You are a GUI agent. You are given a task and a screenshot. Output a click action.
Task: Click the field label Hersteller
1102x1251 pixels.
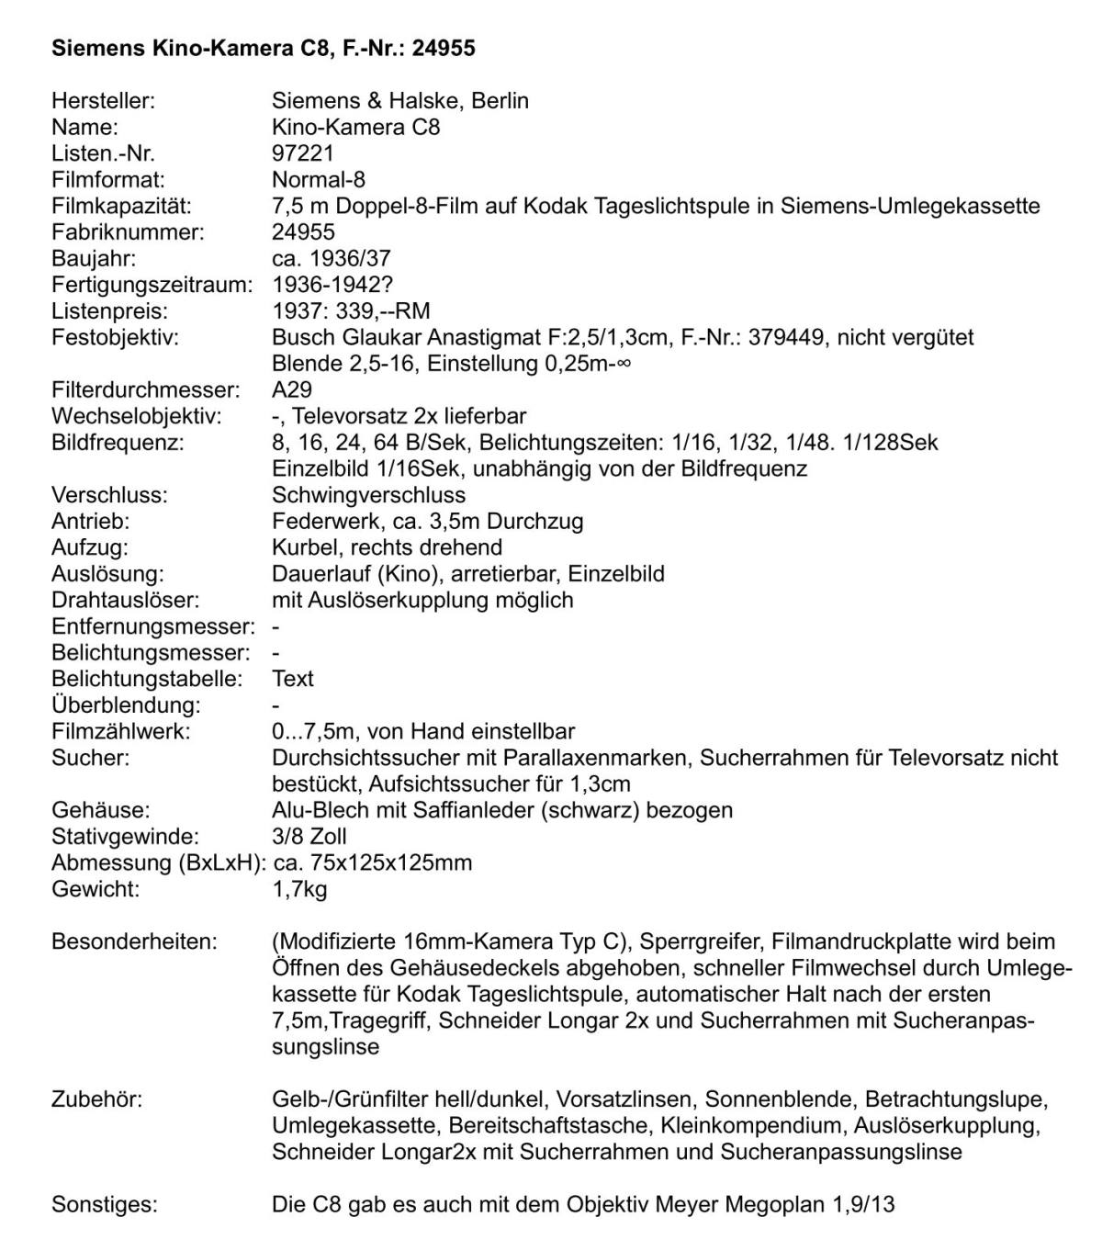point(103,100)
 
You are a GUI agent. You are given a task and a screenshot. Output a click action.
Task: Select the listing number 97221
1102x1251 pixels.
point(303,152)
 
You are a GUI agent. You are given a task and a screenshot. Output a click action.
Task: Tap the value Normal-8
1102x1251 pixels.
point(319,179)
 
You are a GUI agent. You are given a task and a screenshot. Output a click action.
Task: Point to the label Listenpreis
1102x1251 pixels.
point(109,310)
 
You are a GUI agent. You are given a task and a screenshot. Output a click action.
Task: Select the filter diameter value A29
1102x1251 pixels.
point(292,389)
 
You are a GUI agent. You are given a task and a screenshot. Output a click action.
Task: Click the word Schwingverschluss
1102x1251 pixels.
point(368,495)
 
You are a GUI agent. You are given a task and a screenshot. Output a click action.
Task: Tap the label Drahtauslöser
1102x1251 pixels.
point(125,600)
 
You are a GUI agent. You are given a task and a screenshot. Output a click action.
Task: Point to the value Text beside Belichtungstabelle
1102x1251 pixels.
point(293,679)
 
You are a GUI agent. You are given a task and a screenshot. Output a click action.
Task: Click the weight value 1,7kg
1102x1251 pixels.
point(299,889)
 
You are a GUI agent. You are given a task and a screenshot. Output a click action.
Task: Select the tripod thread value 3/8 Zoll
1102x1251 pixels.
point(309,837)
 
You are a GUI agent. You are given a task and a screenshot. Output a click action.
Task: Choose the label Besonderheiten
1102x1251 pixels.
point(134,941)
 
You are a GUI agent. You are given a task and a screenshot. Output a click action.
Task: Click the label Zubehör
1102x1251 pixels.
point(96,1099)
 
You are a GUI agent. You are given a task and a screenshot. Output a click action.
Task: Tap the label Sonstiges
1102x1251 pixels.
point(104,1204)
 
